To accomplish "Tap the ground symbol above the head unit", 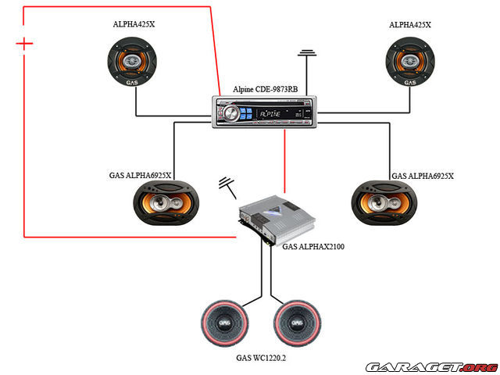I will pos(308,55).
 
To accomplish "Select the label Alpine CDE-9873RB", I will pos(265,90).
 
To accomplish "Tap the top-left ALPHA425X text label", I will pos(134,25).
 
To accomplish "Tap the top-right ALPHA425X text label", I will pos(410,25).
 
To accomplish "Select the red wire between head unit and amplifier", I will pos(286,160).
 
